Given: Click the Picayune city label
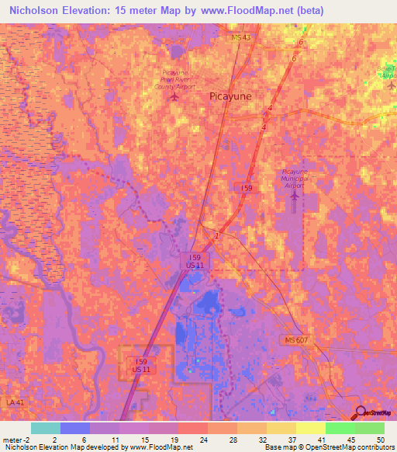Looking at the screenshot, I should coord(230,98).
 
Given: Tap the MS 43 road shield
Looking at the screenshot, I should coord(241,37).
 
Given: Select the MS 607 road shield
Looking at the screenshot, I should coord(293,340).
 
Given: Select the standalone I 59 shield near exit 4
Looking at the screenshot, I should coord(246,188).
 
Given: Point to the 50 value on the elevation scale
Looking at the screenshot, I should coord(380,439).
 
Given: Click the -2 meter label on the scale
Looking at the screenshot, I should coord(17,439).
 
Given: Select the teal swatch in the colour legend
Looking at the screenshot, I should coord(46,428).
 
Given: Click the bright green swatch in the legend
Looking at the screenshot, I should coord(340,428).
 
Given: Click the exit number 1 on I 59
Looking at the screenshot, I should coord(218,235).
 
